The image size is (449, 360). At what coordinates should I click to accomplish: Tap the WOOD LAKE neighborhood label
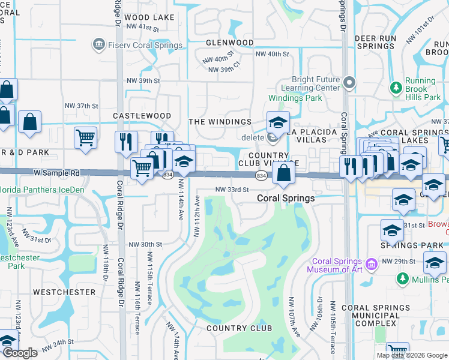(x=150, y=17)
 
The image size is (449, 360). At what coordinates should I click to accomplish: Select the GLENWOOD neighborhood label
(x=229, y=43)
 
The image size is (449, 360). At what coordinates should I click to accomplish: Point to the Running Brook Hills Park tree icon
(x=396, y=89)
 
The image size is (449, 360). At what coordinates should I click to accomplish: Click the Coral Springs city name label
(x=286, y=198)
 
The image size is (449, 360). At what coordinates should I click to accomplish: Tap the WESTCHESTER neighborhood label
(x=64, y=292)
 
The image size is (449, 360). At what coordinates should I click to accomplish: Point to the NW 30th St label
(x=145, y=244)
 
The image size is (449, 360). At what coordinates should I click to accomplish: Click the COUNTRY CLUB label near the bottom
(x=239, y=328)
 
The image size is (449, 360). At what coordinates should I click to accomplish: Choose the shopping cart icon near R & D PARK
(x=85, y=137)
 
